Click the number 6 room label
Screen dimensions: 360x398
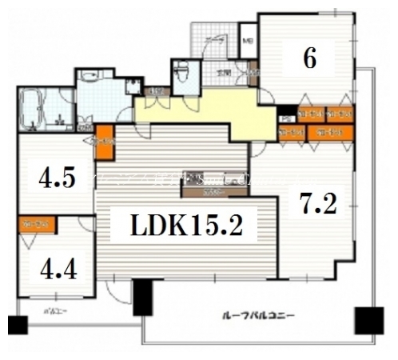(x=309, y=58)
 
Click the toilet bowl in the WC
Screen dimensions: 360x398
(x=182, y=74)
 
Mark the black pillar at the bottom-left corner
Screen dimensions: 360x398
(x=17, y=325)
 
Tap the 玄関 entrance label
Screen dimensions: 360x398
(x=226, y=73)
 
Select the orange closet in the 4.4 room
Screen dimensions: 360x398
(x=36, y=226)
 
